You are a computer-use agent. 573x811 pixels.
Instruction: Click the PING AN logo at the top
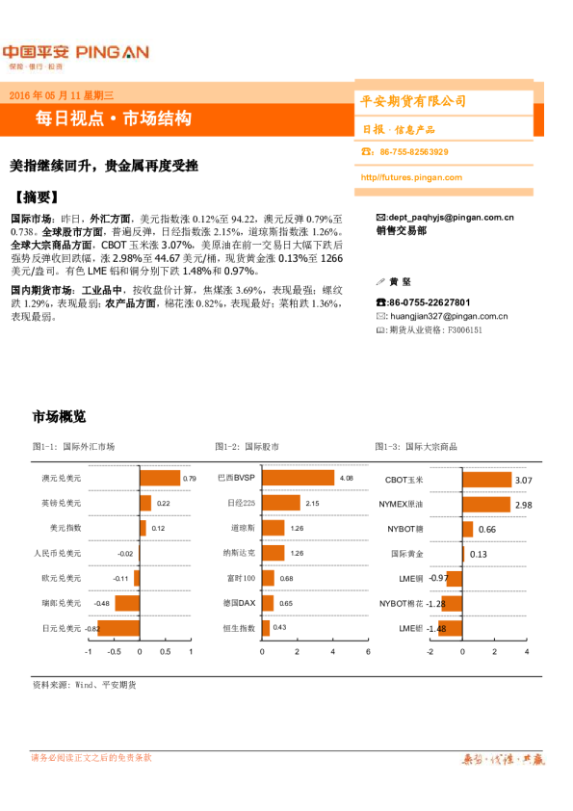pos(75,53)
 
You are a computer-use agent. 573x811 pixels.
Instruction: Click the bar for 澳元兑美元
pos(160,478)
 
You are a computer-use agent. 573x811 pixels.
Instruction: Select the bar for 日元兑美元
pos(118,628)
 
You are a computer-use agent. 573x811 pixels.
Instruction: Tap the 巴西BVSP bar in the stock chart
pos(298,478)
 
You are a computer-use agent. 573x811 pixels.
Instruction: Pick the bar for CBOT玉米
pos(487,479)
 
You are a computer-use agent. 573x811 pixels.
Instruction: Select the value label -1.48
pos(436,629)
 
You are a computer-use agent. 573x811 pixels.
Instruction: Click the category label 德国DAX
pos(238,604)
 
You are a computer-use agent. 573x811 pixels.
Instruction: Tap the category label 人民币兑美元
pos(58,554)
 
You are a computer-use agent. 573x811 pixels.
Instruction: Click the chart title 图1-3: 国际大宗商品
pos(415,446)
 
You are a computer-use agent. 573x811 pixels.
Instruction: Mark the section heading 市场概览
pos(59,417)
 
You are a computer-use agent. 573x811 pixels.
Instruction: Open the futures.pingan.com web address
pos(411,177)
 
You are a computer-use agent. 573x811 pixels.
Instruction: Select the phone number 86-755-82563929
pos(413,152)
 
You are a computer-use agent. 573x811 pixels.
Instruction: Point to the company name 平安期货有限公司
pos(413,101)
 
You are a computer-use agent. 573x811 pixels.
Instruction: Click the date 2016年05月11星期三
pos(62,95)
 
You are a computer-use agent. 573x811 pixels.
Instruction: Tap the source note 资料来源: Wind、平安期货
pos(84,685)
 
